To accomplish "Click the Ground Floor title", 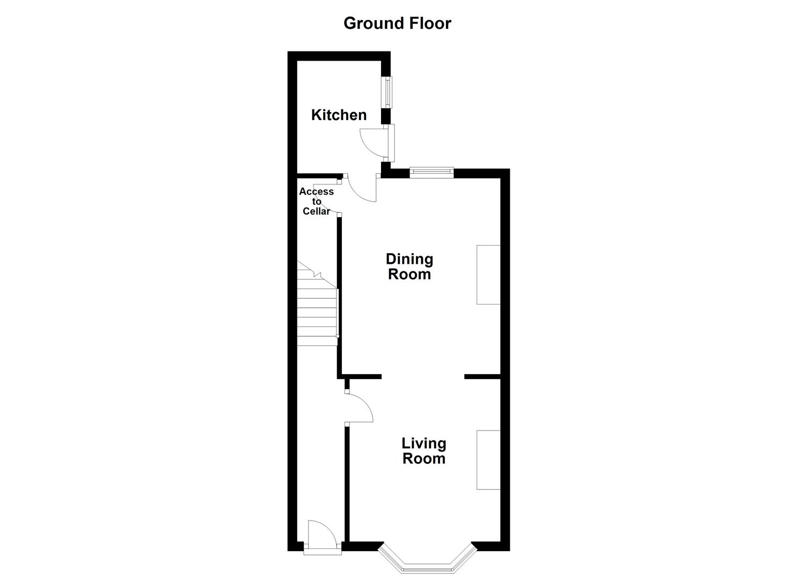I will pos(397,24).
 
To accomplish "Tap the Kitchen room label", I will pos(339,115).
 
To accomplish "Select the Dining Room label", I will pos(409,266).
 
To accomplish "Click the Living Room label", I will pos(423,451).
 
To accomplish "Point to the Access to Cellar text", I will pos(316,201).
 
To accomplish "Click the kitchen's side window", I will pos(387,92).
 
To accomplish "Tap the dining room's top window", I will pos(432,172).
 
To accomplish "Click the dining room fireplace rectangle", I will pos(488,274).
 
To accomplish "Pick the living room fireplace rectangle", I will pos(488,459).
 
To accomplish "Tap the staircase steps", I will pos(317,316).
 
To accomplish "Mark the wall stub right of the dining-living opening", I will pos(482,376).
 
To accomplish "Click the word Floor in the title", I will pos(428,24).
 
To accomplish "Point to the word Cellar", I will pos(316,211).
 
